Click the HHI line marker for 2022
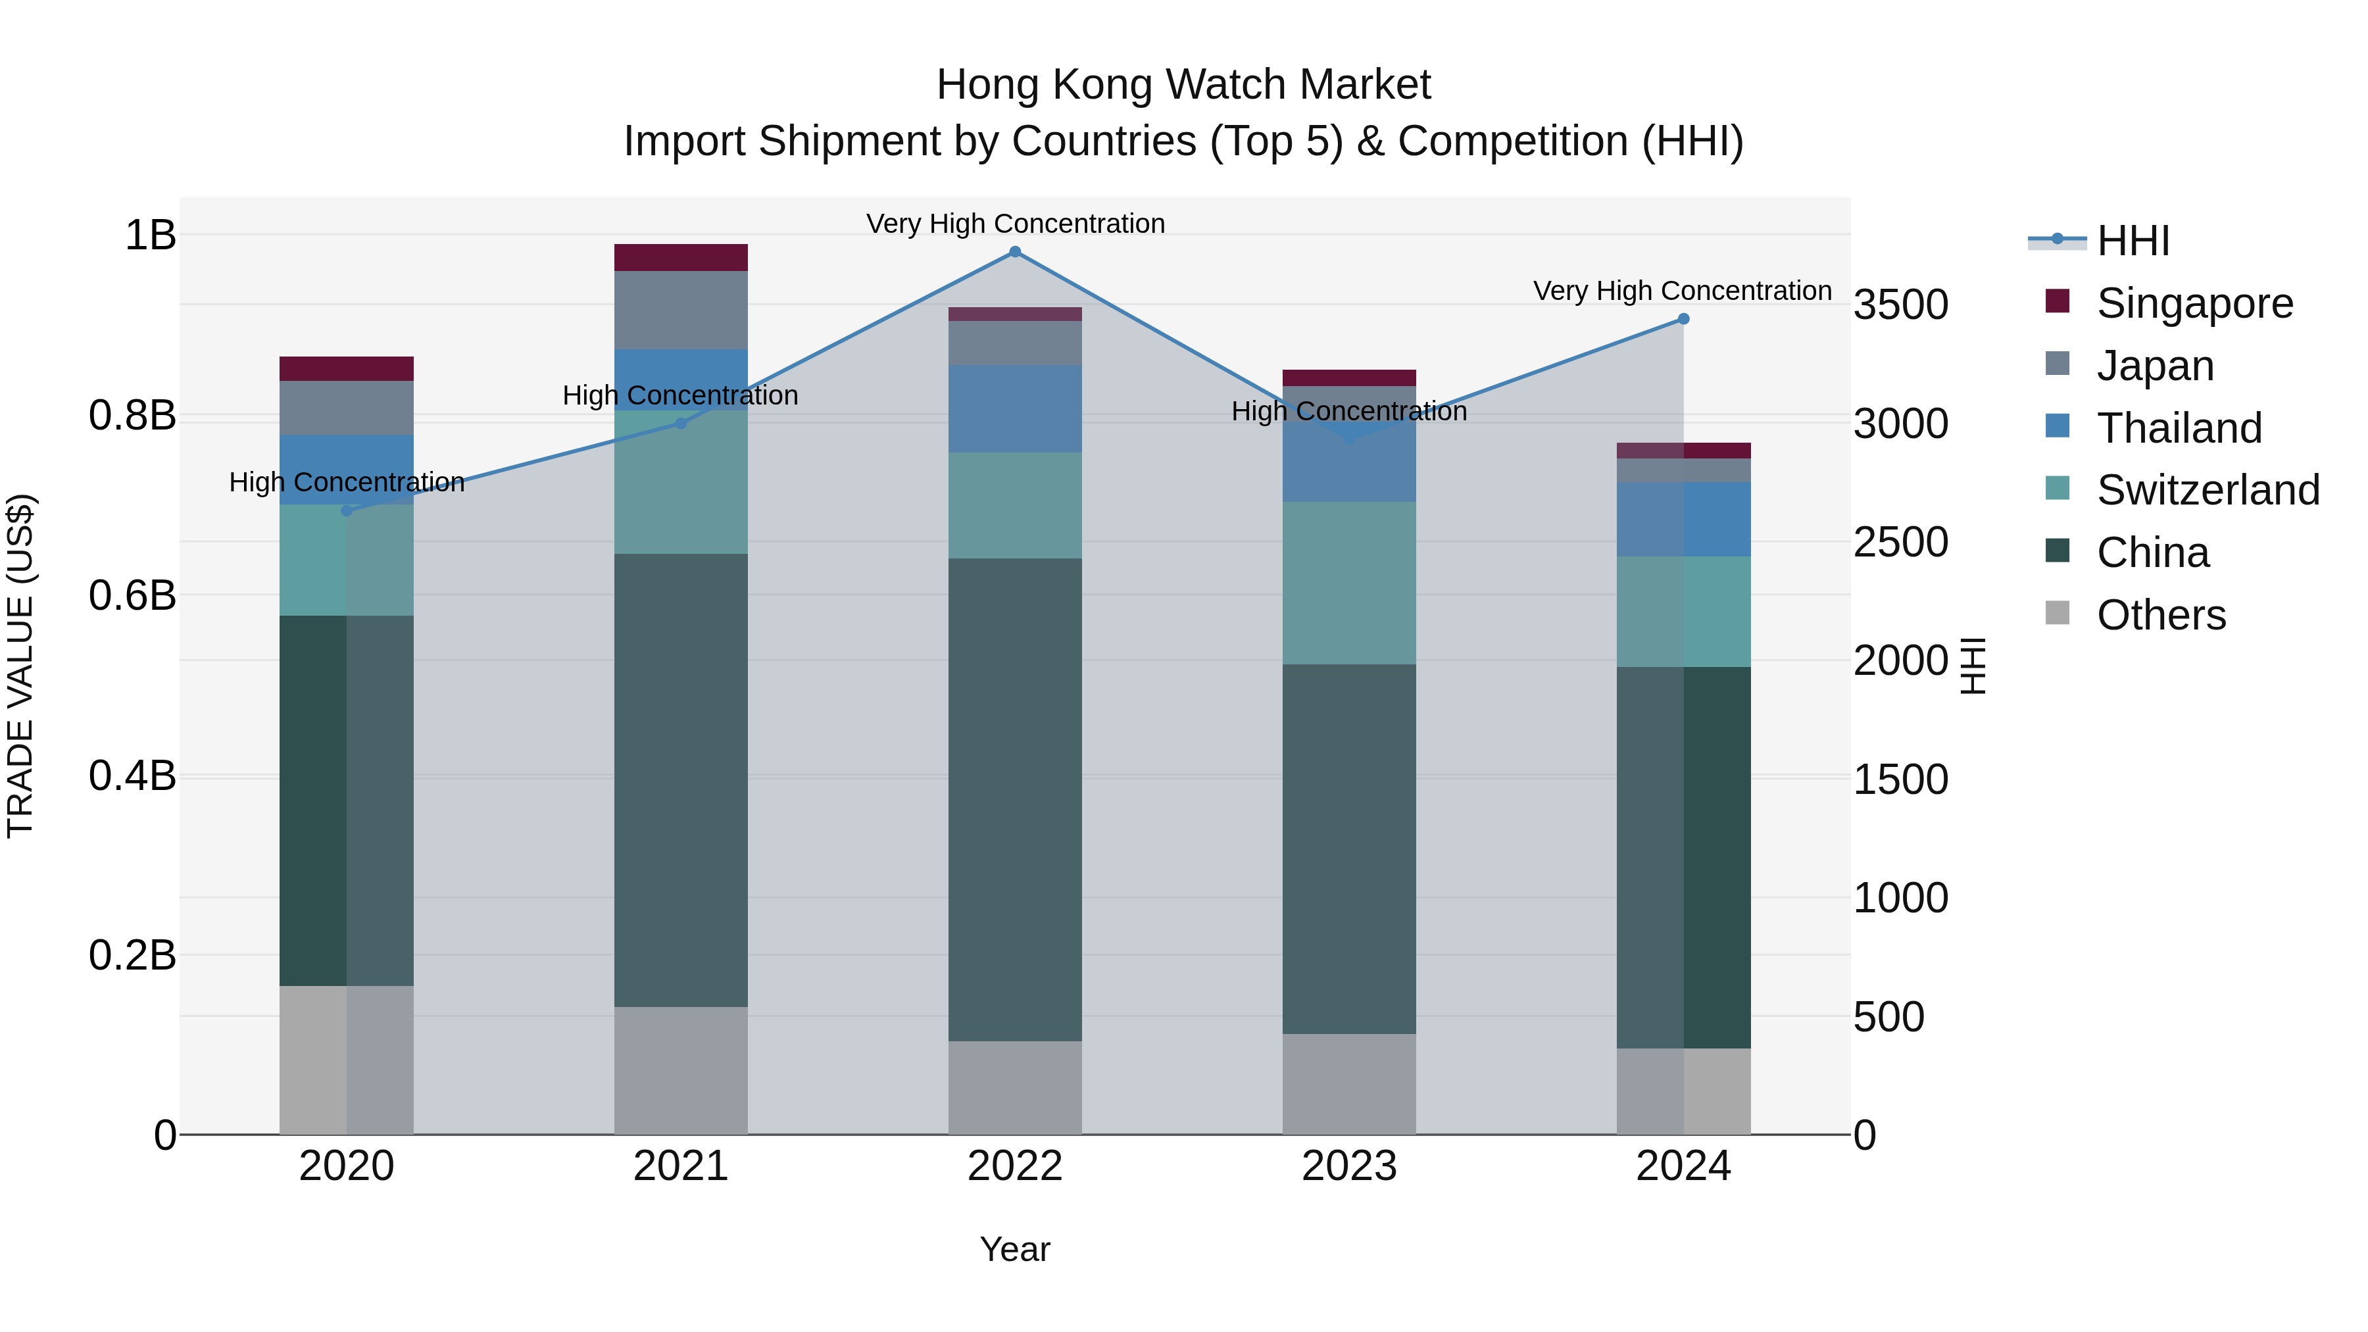[1015, 252]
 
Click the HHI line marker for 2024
[1683, 319]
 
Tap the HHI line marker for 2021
[680, 424]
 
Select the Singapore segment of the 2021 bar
[680, 257]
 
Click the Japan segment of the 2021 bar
[680, 310]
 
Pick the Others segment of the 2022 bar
[1015, 1087]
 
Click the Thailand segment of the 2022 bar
[1015, 408]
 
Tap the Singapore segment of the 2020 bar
[347, 368]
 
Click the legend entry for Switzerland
[2206, 490]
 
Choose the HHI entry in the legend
[2133, 241]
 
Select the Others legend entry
[2160, 615]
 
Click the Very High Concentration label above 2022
[1015, 224]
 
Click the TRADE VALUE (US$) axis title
[20, 666]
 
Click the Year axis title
[1015, 1249]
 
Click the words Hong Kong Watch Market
[1183, 85]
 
